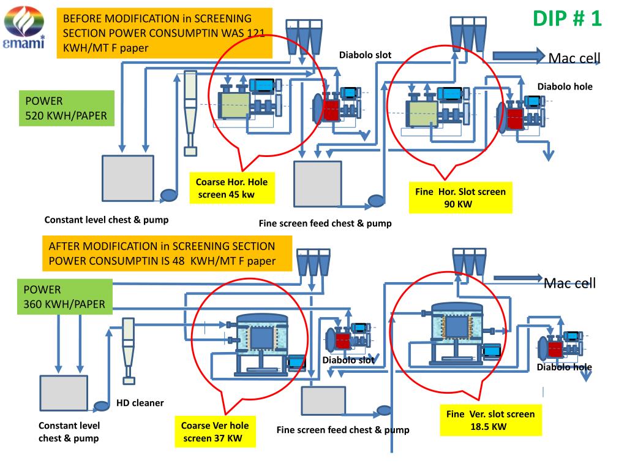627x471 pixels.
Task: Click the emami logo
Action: tap(24, 27)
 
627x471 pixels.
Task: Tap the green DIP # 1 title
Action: tap(567, 18)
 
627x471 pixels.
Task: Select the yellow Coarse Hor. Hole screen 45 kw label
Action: tap(232, 188)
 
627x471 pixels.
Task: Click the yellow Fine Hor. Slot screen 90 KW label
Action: tap(460, 198)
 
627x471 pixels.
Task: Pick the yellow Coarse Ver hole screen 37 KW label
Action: tap(215, 432)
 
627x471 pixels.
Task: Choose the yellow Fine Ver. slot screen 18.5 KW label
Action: tap(490, 420)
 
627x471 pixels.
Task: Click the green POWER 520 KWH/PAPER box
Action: tap(66, 108)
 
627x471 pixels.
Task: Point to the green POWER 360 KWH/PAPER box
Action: tap(65, 297)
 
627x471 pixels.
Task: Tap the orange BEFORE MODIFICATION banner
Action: tap(164, 33)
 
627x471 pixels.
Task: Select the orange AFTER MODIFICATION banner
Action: tap(167, 253)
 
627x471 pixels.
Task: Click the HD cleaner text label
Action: tap(140, 403)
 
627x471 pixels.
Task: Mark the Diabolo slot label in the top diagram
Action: tap(365, 55)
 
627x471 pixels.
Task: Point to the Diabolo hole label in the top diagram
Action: tap(565, 86)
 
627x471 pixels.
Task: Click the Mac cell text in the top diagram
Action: tap(574, 58)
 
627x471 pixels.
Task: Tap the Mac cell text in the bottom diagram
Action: tap(570, 283)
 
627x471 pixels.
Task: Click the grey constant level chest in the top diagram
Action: tap(128, 178)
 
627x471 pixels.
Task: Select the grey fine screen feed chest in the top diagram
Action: tap(318, 184)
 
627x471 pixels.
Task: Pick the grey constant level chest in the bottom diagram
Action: tap(64, 393)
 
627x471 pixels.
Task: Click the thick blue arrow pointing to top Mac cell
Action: tap(519, 56)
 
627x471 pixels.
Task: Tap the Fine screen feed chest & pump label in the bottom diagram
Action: tap(343, 430)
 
